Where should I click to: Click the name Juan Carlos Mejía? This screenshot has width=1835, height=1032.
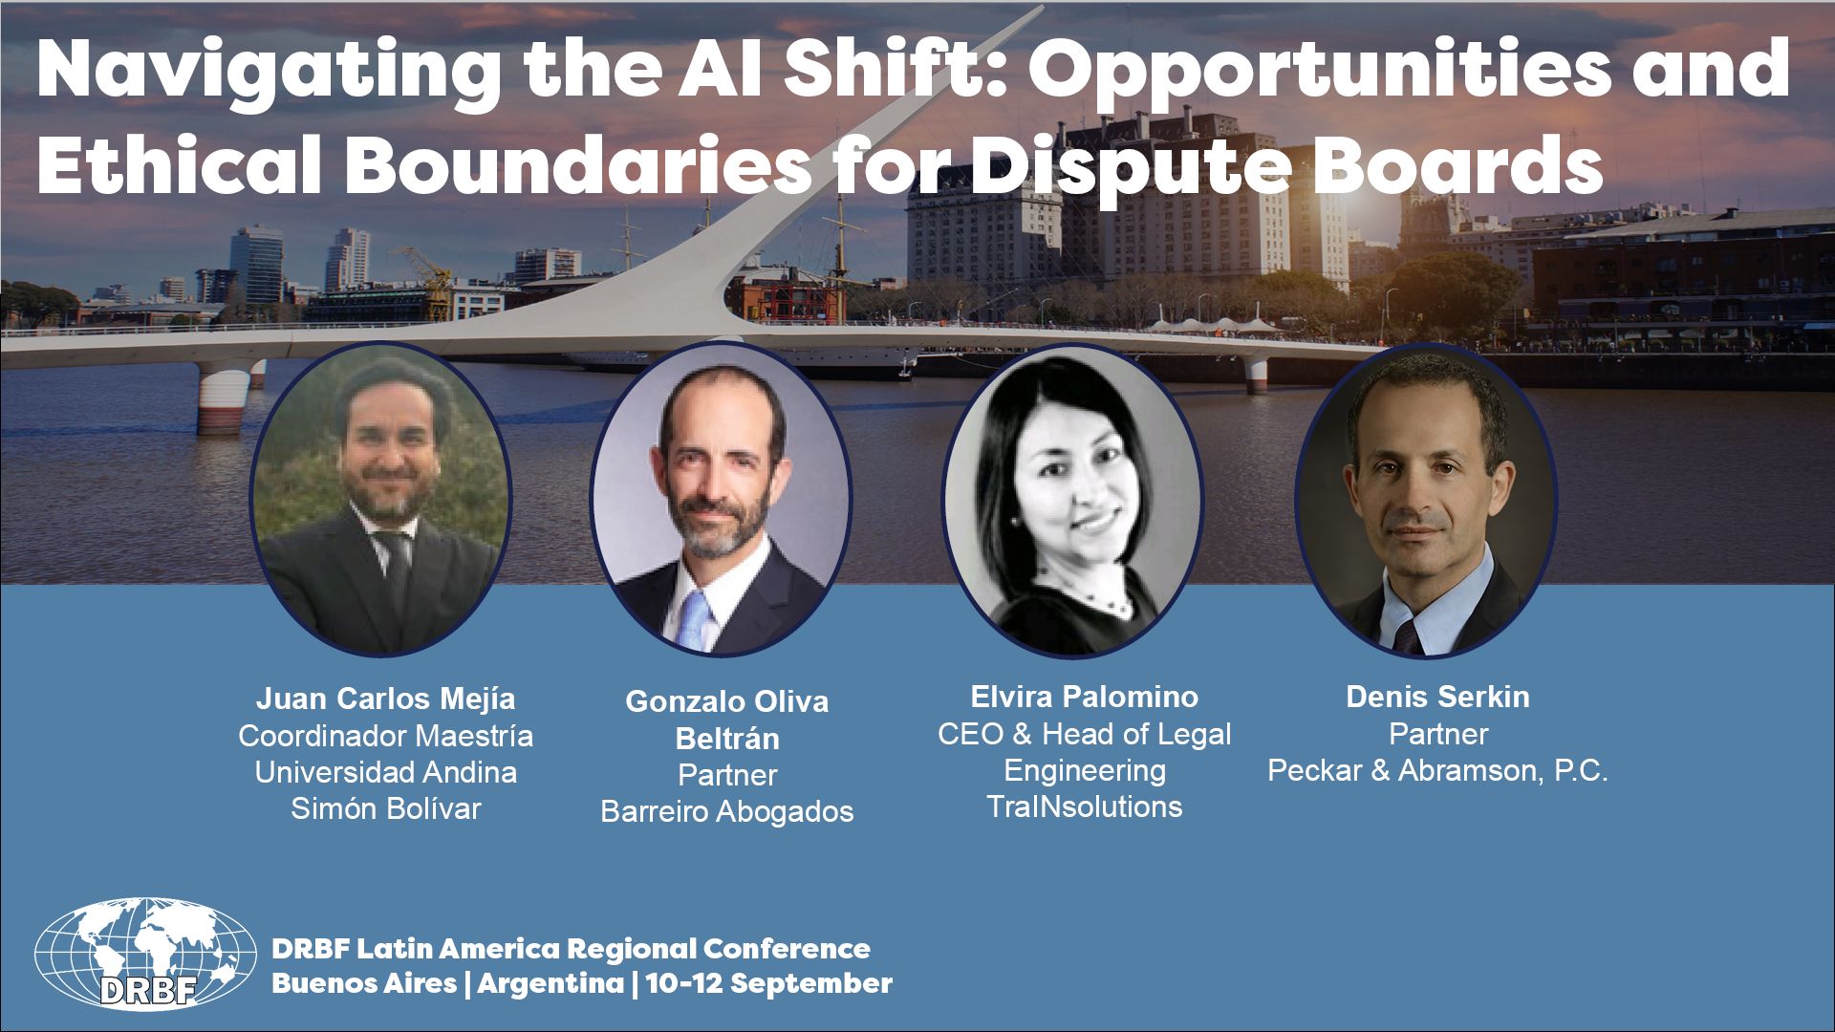385,699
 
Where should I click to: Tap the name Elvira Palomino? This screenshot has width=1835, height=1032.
1084,697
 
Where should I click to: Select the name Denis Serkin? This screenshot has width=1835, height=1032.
1437,697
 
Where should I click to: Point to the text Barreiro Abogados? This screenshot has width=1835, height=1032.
726,811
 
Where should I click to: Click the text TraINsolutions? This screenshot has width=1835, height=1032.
1084,806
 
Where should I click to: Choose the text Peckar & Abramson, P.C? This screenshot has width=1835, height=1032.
1437,771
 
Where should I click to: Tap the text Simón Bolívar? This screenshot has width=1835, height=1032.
385,808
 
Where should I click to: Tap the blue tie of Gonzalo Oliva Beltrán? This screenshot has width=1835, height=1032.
695,621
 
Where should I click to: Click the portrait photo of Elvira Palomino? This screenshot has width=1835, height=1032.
1073,501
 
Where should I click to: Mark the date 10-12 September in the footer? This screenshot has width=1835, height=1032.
769,983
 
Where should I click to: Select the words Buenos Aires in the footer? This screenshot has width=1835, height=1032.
364,983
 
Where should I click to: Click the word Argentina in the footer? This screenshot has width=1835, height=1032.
550,983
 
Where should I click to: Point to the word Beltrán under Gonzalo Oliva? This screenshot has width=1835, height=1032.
727,739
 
